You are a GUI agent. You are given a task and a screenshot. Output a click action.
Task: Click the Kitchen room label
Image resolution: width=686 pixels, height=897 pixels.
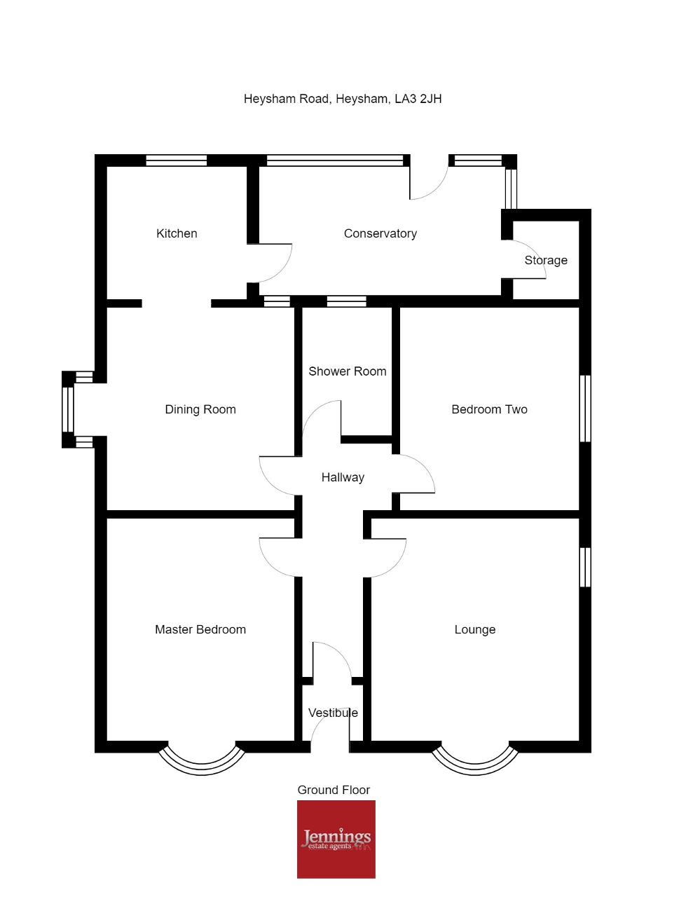(x=177, y=233)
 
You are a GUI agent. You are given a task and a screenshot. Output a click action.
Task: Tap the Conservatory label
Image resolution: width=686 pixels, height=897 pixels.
(x=380, y=233)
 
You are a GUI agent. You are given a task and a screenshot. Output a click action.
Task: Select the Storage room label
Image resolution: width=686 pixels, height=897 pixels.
(x=546, y=260)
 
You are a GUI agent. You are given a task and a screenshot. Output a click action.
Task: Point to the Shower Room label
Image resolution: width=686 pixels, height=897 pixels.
(x=348, y=371)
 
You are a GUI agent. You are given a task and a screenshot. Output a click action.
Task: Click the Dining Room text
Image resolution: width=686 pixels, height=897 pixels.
(x=200, y=409)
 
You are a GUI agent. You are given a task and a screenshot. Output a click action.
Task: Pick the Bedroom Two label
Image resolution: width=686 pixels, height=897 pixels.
(x=489, y=409)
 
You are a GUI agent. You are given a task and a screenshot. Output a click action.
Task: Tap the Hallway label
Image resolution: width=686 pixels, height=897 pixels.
(x=343, y=477)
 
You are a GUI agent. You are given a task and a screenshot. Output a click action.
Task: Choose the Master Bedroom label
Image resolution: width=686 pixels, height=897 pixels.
(x=200, y=629)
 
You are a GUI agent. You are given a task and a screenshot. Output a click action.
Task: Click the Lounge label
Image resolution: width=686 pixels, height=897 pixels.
(x=475, y=629)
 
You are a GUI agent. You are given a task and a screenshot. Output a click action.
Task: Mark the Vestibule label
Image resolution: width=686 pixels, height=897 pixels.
(x=333, y=713)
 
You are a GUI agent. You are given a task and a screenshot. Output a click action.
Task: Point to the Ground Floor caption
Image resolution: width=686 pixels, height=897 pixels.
(x=334, y=790)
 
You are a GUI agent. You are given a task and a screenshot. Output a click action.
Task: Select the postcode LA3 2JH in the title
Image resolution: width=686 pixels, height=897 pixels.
(x=418, y=99)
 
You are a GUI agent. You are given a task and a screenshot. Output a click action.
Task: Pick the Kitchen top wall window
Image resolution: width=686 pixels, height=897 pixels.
(x=176, y=160)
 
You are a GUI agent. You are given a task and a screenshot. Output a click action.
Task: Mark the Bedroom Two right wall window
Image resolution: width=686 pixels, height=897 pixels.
(x=585, y=409)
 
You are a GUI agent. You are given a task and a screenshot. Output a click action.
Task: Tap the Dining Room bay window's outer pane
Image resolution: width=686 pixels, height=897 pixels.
(x=68, y=409)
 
